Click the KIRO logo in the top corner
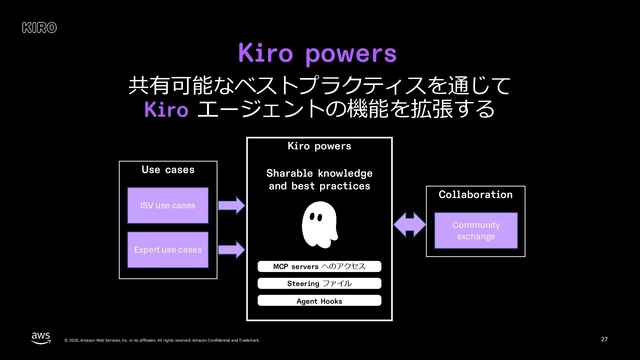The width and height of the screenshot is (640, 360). point(39,28)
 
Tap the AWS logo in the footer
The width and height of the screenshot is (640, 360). point(41,338)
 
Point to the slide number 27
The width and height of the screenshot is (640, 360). point(604,339)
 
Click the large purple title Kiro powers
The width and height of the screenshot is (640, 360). point(317,53)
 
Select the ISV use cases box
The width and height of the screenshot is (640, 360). point(168,205)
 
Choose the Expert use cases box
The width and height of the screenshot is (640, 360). point(168,250)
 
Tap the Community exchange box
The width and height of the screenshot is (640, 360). point(476,230)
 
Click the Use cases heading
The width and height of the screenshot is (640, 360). point(168,170)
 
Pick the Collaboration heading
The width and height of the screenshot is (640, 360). point(475,195)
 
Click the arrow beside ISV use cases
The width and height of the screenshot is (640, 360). point(231,205)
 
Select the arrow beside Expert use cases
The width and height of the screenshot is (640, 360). point(231,250)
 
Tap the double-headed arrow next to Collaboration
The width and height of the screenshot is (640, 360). point(409,224)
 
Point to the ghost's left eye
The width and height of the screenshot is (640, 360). point(312,217)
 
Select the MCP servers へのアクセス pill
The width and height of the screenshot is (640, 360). point(319,266)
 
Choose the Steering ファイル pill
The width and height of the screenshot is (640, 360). point(319,283)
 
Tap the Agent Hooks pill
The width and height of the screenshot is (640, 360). point(319,301)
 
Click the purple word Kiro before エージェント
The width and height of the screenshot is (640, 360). point(166,109)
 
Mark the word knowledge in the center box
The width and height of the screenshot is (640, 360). point(345,173)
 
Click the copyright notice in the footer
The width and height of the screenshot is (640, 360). point(162,340)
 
